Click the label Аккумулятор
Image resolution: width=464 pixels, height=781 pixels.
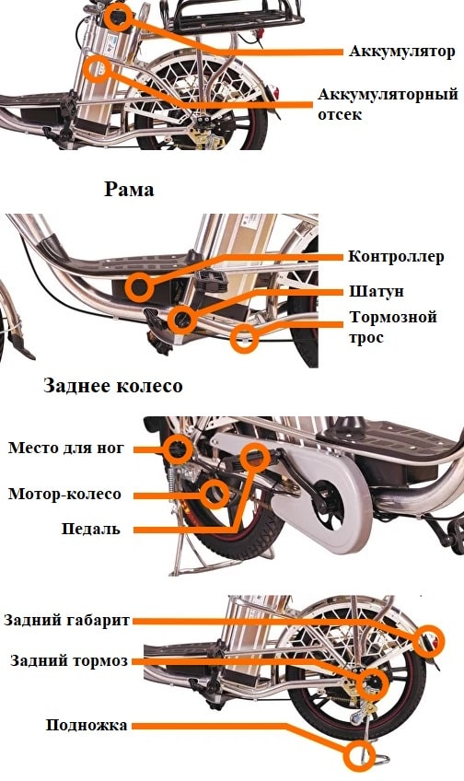coord(401,52)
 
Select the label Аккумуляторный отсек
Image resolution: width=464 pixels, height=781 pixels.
coord(388,104)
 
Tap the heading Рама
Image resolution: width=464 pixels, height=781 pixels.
coord(129,190)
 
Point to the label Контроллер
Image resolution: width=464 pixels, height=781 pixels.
coord(396,257)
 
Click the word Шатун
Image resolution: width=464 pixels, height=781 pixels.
coord(377,291)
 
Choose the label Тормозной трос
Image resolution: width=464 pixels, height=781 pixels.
coord(393,327)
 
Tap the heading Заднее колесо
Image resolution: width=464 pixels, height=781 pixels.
coord(113,386)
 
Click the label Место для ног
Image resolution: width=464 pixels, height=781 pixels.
coord(65,448)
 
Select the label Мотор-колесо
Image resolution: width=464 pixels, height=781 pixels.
coord(64,494)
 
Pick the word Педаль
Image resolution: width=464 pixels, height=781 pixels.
coord(91,529)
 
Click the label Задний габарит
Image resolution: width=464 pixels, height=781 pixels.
coord(66,621)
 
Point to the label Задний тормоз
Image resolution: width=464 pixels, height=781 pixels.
coord(69,661)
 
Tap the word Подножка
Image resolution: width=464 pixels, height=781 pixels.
coord(87,725)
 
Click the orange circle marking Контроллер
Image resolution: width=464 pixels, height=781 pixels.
coord(139,287)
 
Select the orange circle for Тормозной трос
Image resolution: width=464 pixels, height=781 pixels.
coord(245,339)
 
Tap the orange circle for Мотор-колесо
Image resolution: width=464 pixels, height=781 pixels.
coord(215,495)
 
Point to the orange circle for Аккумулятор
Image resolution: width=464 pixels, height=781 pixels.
coord(118,17)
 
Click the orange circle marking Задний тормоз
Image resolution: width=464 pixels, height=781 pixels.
coord(372,683)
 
